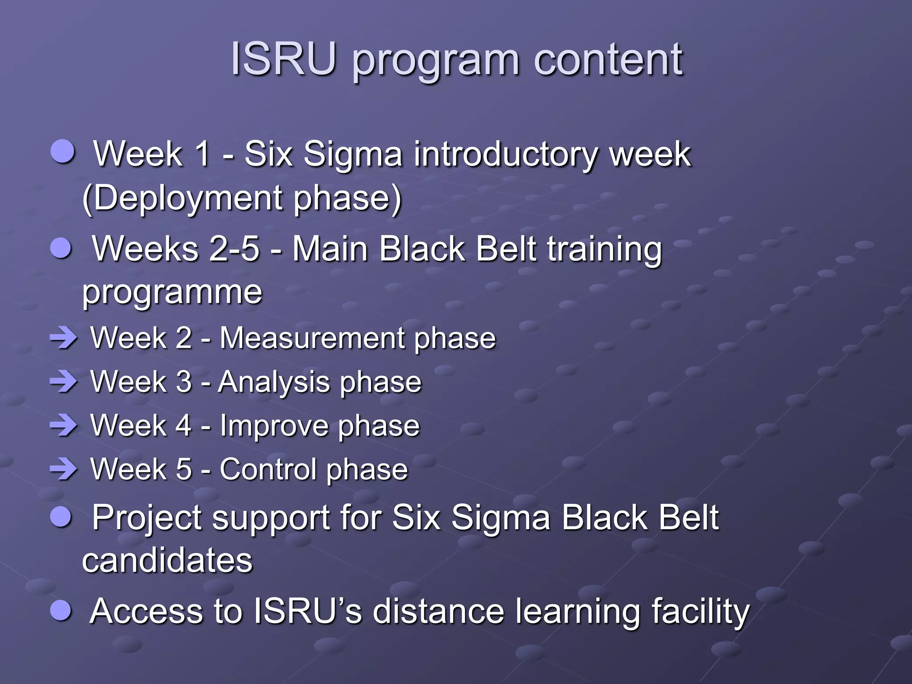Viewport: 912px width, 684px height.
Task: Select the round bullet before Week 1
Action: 62,151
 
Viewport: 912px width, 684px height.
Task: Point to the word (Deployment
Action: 183,198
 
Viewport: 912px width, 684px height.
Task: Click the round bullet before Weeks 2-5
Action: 61,248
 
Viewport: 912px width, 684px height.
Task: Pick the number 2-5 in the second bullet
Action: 234,248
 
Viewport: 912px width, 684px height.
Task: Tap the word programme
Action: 172,293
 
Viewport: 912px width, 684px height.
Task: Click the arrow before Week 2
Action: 64,338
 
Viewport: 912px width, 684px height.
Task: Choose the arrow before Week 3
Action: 64,382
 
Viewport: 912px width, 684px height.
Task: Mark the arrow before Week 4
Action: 64,426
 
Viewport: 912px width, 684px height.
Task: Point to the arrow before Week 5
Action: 64,469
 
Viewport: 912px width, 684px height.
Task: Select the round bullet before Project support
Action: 61,517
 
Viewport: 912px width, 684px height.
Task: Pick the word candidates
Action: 167,560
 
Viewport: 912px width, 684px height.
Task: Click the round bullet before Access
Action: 61,610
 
